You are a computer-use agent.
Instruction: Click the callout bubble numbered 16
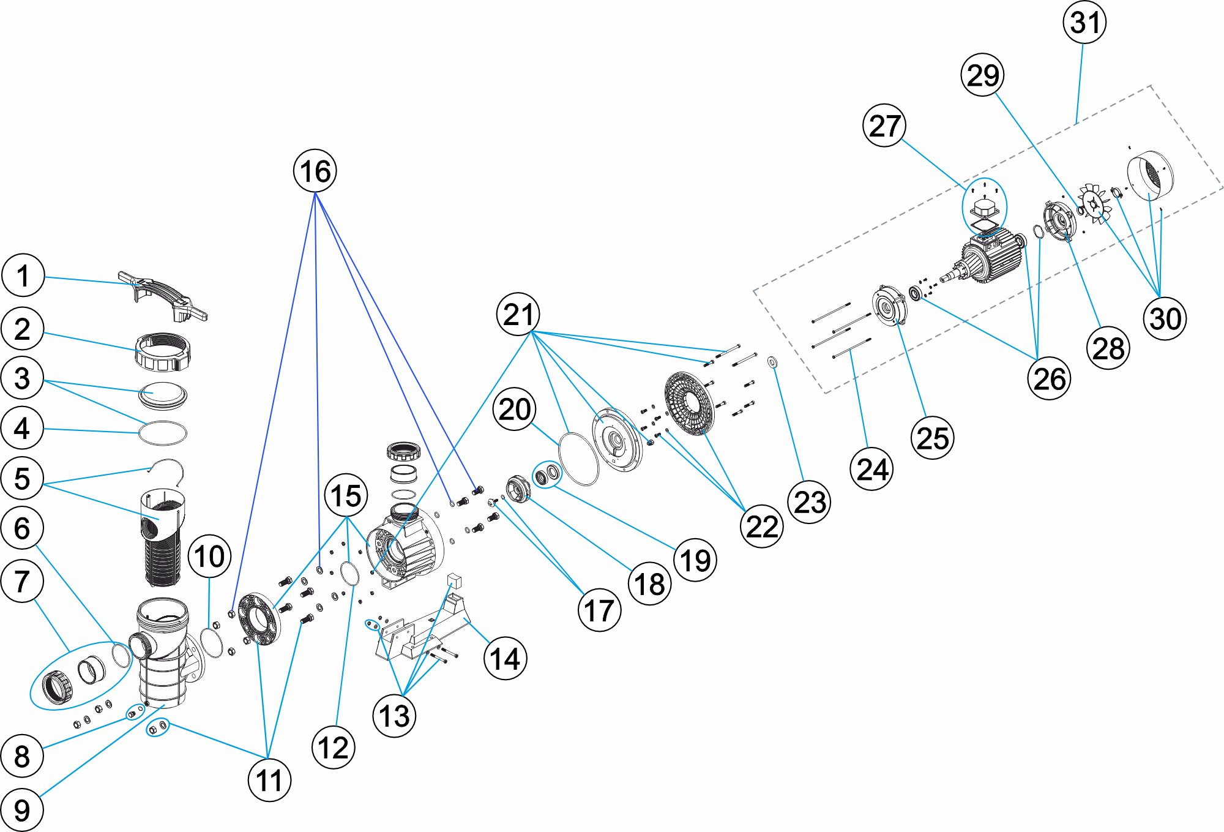(315, 171)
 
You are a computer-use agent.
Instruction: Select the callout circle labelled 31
(1084, 23)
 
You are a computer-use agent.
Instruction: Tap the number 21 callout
(518, 314)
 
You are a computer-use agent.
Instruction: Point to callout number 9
(22, 810)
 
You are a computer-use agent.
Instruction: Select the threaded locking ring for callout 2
(162, 352)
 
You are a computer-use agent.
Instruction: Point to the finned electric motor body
(991, 257)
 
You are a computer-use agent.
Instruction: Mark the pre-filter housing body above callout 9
(162, 649)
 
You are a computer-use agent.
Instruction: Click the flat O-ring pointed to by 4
(162, 432)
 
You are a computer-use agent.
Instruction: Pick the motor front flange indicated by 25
(889, 305)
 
